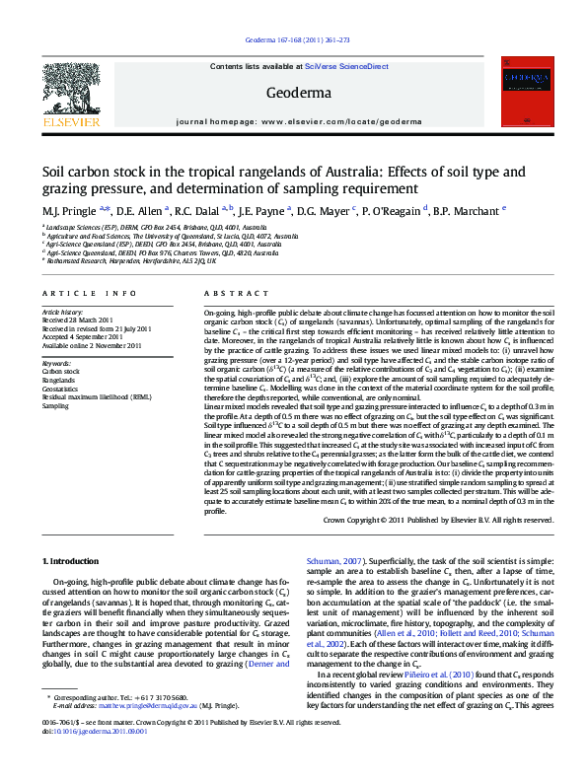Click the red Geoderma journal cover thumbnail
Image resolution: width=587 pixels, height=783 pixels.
[x=526, y=92]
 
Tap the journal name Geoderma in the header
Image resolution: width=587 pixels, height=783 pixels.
[x=293, y=94]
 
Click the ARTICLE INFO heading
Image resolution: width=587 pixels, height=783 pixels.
[x=89, y=294]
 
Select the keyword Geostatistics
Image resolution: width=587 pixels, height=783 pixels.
[x=61, y=389]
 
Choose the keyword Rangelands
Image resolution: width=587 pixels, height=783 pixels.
[x=58, y=380]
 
